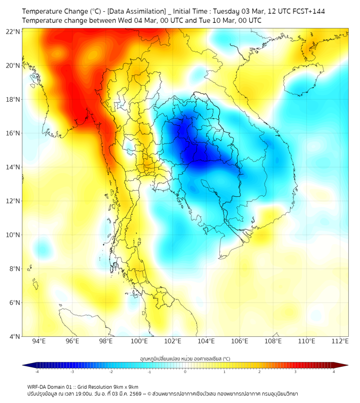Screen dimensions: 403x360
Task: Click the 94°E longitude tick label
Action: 39,341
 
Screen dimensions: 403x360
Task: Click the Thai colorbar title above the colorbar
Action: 185,358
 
